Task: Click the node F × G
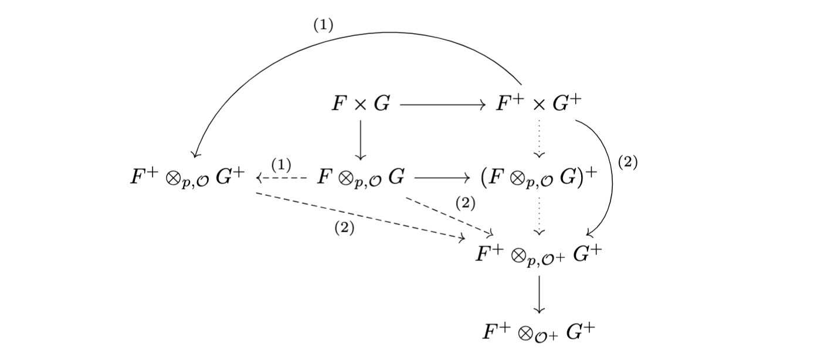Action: coord(360,104)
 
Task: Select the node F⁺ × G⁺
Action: coord(538,104)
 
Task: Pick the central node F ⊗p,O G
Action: coord(360,176)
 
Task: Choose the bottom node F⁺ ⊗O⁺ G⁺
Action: coord(538,332)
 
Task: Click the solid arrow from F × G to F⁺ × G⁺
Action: coord(442,105)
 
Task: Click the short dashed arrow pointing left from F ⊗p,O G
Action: coord(282,177)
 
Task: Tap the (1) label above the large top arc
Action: coord(323,26)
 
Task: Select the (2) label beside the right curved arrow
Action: coord(627,163)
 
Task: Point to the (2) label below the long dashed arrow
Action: coord(344,229)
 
